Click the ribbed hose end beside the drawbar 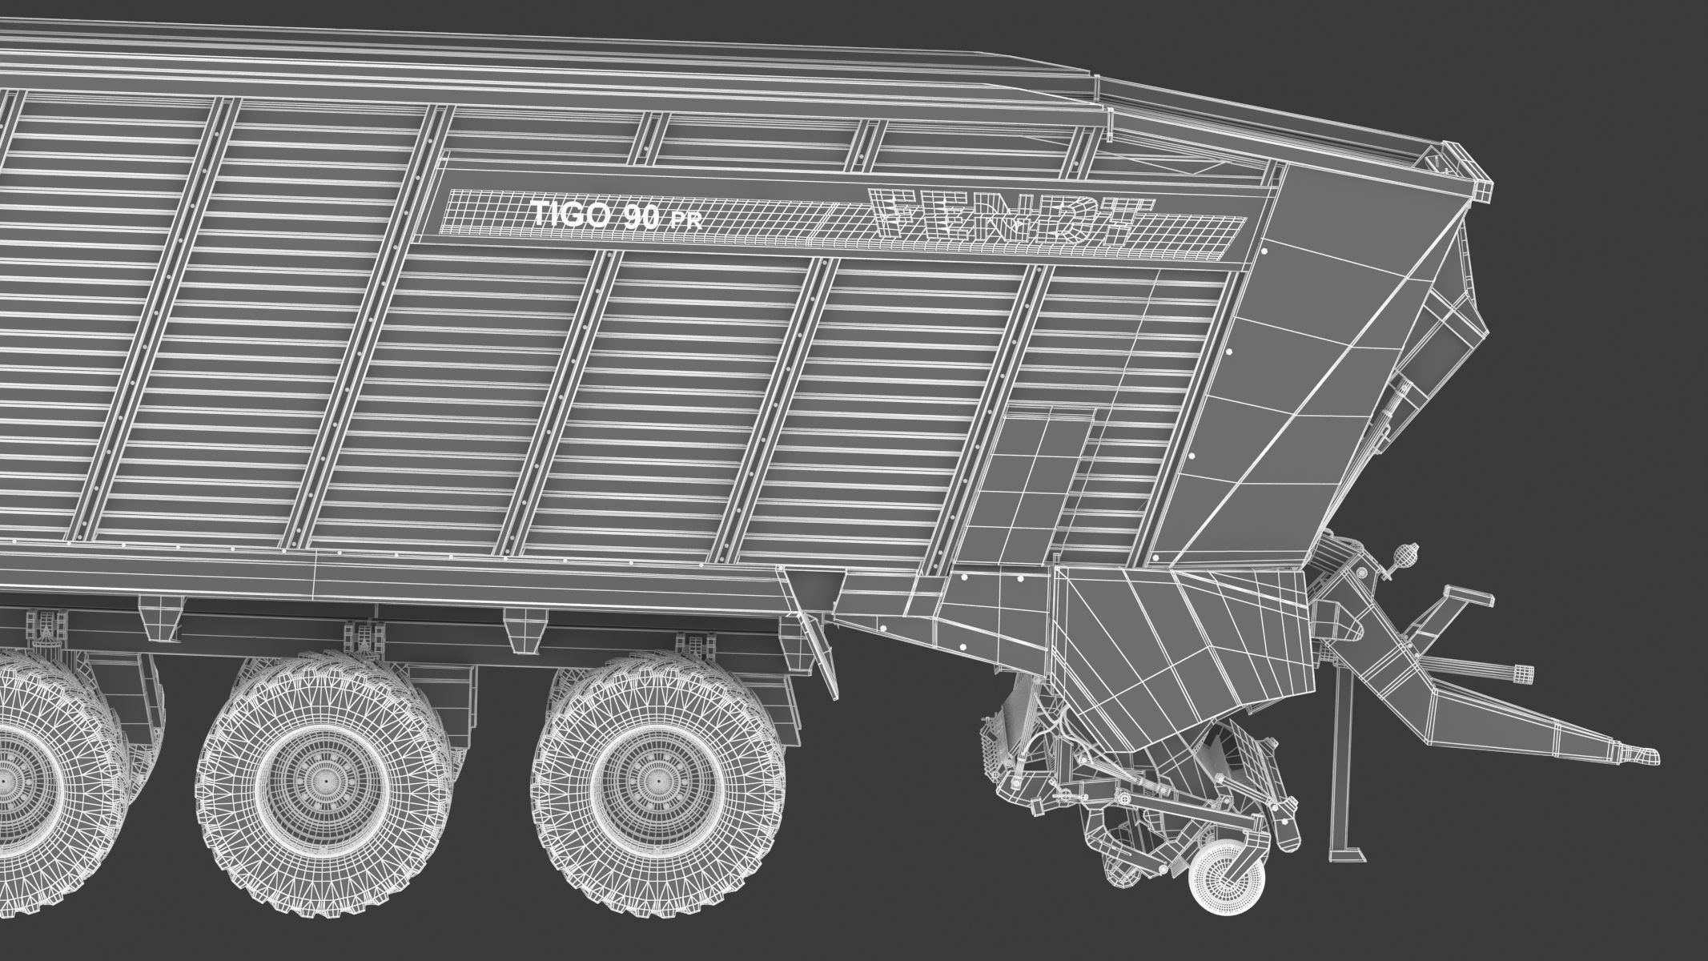[x=1513, y=669]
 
